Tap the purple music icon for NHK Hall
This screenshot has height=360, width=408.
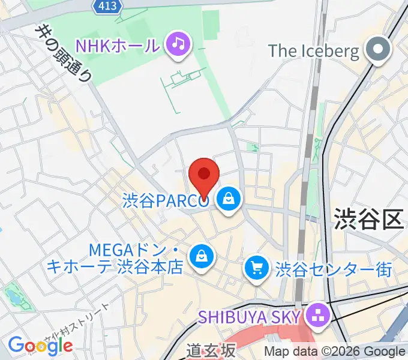178,44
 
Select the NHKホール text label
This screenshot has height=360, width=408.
117,45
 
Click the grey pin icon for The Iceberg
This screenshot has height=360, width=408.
379,50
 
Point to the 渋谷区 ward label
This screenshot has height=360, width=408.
368,218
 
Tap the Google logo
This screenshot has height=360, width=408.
40,346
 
